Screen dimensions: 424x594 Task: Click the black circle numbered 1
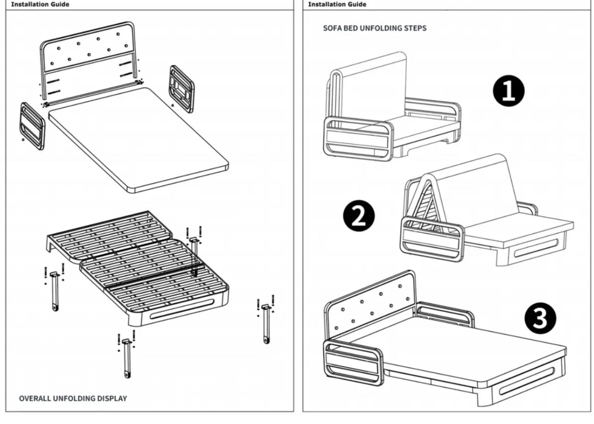508,90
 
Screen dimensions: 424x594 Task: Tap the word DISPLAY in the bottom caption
111,398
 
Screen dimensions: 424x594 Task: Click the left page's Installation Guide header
40,4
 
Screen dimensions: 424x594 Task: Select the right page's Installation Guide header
337,4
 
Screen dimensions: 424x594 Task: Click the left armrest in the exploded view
32,126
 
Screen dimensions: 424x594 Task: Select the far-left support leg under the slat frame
54,291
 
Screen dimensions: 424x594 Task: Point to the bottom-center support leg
127,357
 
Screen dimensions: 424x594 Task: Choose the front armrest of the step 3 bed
353,362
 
